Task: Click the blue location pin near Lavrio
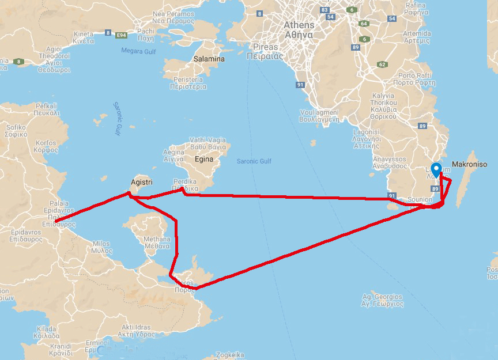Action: [x=436, y=169]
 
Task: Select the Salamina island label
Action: [x=209, y=59]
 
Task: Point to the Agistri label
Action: [x=141, y=182]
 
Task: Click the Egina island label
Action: [x=203, y=159]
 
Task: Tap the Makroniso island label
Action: [x=469, y=164]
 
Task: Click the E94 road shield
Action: [x=121, y=36]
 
